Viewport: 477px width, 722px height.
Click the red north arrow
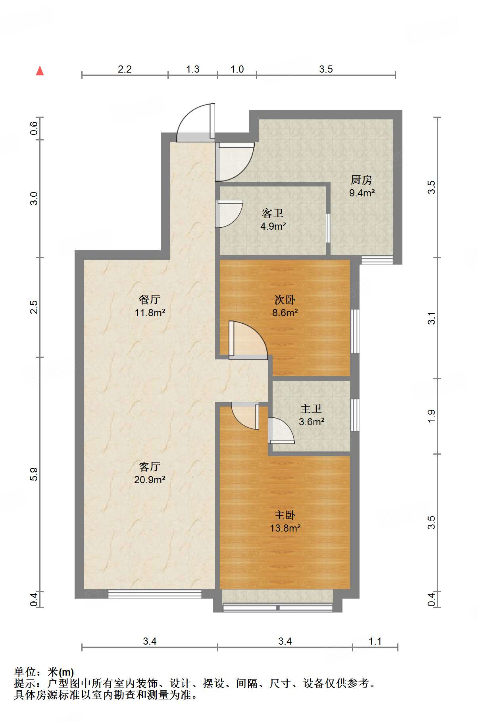point(40,71)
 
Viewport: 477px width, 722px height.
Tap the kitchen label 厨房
point(361,180)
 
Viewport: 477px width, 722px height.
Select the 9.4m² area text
point(362,193)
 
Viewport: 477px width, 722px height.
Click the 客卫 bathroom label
point(273,213)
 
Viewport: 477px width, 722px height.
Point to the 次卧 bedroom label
point(285,300)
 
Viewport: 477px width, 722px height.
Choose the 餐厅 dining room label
point(150,300)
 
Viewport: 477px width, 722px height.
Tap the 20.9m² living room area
point(150,480)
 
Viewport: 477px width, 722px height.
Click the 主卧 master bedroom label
point(285,515)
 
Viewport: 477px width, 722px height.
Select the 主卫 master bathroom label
point(311,409)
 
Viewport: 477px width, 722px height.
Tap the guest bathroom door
point(229,214)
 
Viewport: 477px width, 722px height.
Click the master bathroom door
point(281,430)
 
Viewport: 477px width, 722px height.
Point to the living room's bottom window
point(155,594)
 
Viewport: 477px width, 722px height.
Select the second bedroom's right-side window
point(355,331)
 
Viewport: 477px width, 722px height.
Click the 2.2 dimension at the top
point(125,69)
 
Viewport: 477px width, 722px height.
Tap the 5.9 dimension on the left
point(34,474)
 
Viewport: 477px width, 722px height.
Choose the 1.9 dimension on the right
point(431,416)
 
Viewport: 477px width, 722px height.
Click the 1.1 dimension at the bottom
point(375,641)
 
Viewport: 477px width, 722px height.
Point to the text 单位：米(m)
point(44,672)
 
